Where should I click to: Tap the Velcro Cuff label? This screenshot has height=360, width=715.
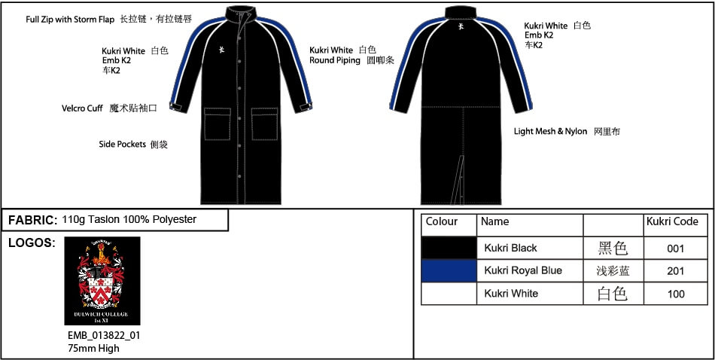tap(83, 108)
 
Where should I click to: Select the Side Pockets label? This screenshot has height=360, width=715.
tap(122, 144)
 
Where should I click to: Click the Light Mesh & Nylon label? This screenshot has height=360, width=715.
tap(550, 131)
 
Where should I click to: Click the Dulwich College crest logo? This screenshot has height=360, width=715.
tap(102, 281)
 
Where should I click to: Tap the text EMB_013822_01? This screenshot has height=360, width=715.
tap(104, 336)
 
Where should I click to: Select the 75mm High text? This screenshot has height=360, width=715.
tap(93, 348)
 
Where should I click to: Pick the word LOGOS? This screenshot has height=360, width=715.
tap(32, 243)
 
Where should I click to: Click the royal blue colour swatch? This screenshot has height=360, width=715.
tap(449, 270)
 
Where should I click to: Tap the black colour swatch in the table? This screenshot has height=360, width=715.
tap(449, 249)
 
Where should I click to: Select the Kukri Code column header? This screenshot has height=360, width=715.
tap(672, 221)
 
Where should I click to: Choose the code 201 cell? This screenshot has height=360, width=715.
tap(675, 271)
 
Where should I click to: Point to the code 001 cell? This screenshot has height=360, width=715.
tap(675, 249)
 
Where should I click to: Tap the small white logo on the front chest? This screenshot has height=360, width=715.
tap(222, 49)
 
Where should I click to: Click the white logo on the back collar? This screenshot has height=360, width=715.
tap(461, 26)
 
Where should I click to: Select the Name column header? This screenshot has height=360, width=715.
tap(494, 221)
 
